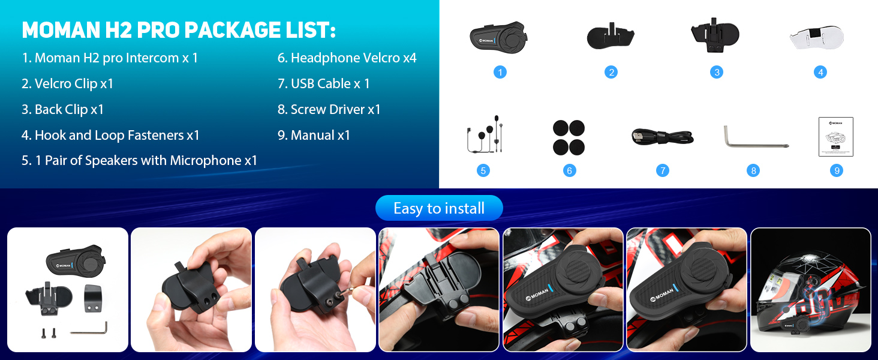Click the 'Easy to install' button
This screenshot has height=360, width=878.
439,208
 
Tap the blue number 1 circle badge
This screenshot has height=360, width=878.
500,72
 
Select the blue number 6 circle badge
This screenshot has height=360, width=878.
569,170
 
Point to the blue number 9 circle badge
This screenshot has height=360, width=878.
837,170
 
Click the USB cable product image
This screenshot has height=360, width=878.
663,137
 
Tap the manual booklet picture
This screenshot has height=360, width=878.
835,136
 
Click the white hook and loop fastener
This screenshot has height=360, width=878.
817,38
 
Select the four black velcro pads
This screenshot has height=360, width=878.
569,137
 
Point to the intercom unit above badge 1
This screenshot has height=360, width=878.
498,38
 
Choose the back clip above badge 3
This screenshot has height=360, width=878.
715,35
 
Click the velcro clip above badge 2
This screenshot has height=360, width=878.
611,36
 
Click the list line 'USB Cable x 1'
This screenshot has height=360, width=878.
323,83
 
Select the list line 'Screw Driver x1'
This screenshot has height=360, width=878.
329,109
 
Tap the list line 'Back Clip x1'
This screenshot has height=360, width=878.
62,109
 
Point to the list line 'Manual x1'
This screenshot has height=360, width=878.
314,135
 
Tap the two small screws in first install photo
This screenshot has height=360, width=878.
49,333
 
